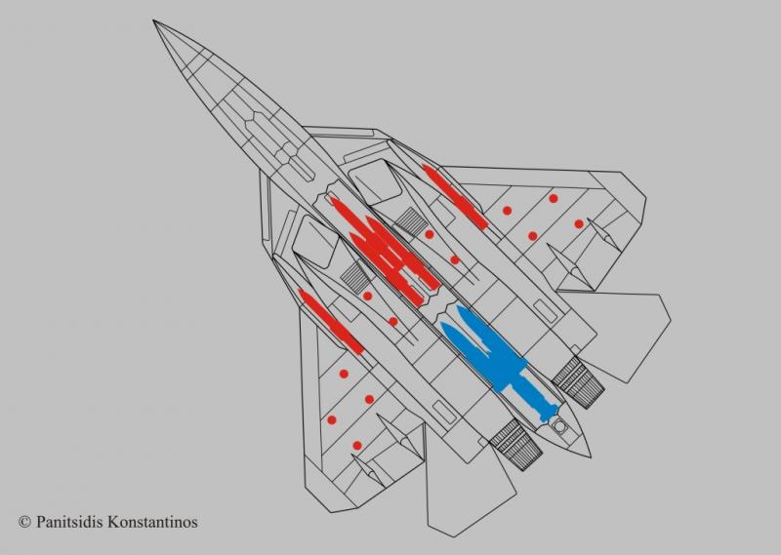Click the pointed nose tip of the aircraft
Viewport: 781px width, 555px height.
[155, 22]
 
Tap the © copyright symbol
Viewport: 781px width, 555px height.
[23, 523]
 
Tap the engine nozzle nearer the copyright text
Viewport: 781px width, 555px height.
[514, 443]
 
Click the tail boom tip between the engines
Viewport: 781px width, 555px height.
[585, 452]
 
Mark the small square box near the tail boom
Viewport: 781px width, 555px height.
[560, 426]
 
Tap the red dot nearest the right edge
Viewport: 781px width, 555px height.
[579, 223]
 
